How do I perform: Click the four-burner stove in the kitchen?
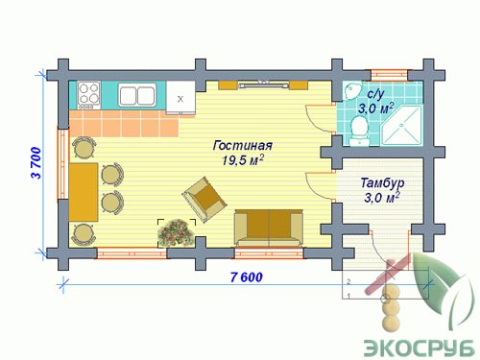tap(89, 95)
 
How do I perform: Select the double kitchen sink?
tap(137, 95)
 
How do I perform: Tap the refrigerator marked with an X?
tap(180, 98)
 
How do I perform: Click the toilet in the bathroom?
tap(359, 132)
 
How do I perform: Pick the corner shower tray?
tap(401, 125)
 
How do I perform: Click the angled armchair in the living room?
tap(204, 199)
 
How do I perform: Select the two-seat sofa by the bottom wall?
tap(269, 228)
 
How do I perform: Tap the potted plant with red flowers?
tap(177, 233)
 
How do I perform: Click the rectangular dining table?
tap(84, 192)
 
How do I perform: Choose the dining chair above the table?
tap(84, 148)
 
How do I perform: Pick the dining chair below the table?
tap(84, 234)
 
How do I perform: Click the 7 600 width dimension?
tap(247, 277)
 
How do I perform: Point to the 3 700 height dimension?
tap(36, 162)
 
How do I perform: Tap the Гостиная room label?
tap(243, 146)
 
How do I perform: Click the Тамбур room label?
tap(382, 182)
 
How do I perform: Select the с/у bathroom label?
tap(375, 94)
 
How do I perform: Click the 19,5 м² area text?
tap(243, 160)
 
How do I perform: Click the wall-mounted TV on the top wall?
tap(263, 84)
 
